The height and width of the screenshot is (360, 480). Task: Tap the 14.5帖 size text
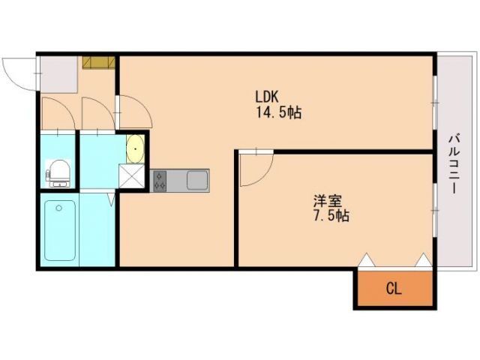pyautogui.click(x=279, y=114)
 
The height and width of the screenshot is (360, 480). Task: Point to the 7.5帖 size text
pyautogui.click(x=330, y=216)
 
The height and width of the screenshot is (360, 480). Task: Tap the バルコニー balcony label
pyautogui.click(x=454, y=163)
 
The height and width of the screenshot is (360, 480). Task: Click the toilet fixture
pyautogui.click(x=58, y=172)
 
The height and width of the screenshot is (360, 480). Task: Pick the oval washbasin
pyautogui.click(x=135, y=148)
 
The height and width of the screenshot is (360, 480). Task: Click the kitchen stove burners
pyautogui.click(x=160, y=180)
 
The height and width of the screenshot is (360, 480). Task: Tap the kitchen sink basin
pyautogui.click(x=196, y=180)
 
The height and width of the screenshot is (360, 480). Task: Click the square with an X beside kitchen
pyautogui.click(x=133, y=178)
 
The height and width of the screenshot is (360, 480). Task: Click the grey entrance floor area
pyautogui.click(x=58, y=74)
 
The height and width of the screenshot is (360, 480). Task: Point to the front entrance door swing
pyautogui.click(x=19, y=73)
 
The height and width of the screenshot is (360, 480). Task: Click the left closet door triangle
pyautogui.click(x=366, y=260)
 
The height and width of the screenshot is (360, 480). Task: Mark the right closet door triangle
pyautogui.click(x=423, y=260)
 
